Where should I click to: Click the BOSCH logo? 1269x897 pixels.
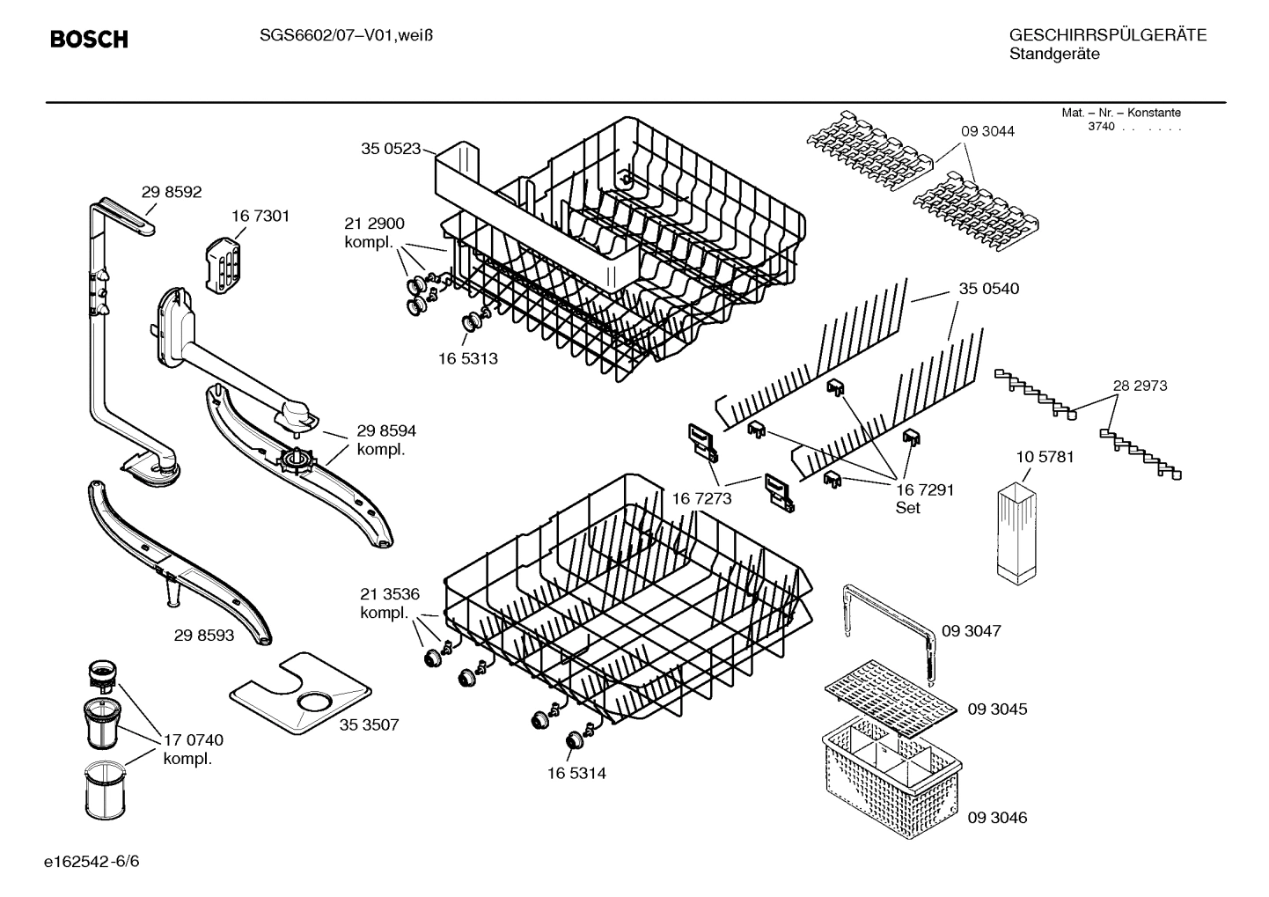coord(89,40)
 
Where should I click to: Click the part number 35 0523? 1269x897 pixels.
coord(391,149)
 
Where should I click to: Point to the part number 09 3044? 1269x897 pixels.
coord(987,131)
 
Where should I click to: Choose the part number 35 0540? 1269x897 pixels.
coord(988,289)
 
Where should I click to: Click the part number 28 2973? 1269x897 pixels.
coord(1140,386)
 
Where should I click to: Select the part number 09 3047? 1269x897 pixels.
coord(972,631)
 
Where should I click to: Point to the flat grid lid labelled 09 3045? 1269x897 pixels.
coord(889,695)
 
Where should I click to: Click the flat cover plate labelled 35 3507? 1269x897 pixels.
coord(299,694)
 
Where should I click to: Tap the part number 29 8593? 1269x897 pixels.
coord(204,635)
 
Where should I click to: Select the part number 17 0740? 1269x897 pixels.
coord(194,740)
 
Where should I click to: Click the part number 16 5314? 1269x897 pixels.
coord(576,774)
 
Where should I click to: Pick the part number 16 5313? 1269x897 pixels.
coord(468,358)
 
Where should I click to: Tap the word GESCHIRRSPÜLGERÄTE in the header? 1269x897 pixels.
coord(1107,35)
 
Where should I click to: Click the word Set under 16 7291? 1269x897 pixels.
coord(907,508)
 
